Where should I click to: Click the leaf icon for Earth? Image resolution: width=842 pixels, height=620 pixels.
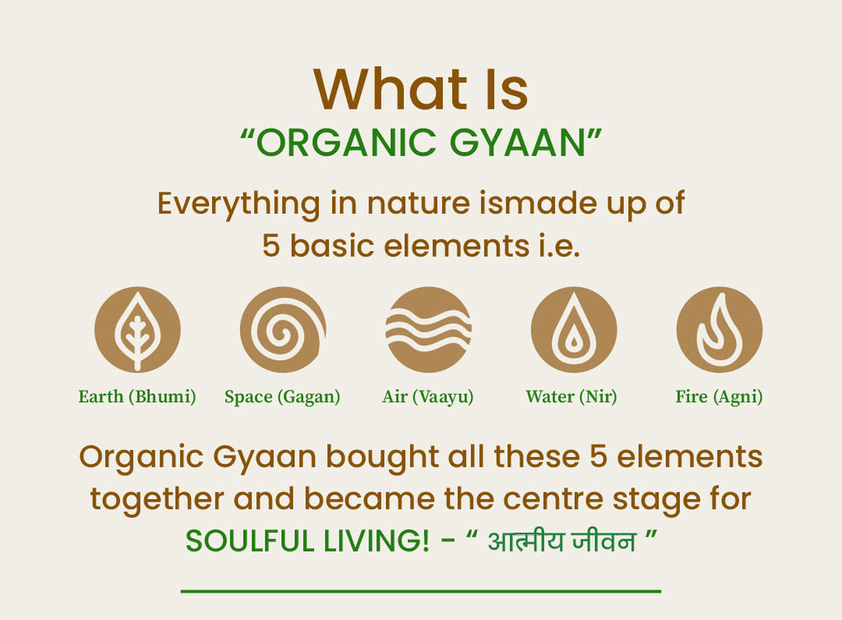pyautogui.click(x=137, y=330)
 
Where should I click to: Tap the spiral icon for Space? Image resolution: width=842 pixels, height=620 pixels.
pyautogui.click(x=283, y=330)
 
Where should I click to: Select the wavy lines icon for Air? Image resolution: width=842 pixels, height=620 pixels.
pyautogui.click(x=428, y=330)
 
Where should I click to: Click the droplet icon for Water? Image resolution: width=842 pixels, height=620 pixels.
pyautogui.click(x=574, y=330)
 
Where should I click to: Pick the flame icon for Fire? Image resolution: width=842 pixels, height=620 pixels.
pyautogui.click(x=719, y=330)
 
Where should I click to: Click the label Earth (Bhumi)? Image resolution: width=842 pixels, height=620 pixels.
pyautogui.click(x=137, y=396)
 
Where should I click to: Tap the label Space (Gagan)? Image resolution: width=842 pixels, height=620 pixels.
pyautogui.click(x=283, y=396)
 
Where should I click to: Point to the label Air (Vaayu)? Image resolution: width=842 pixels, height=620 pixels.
pyautogui.click(x=428, y=396)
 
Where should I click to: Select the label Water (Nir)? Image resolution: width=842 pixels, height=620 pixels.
pyautogui.click(x=571, y=396)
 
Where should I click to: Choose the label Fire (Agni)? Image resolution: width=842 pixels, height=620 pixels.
pyautogui.click(x=719, y=396)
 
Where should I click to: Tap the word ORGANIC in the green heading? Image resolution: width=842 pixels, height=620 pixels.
pyautogui.click(x=345, y=143)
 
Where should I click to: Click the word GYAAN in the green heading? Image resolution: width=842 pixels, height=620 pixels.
pyautogui.click(x=517, y=143)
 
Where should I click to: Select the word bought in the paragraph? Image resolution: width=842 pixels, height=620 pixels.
pyautogui.click(x=383, y=457)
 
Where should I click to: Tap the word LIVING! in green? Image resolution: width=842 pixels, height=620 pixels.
pyautogui.click(x=377, y=541)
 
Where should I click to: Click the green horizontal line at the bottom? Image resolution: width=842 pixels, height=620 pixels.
pyautogui.click(x=421, y=591)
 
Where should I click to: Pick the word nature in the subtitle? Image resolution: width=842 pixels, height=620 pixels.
pyautogui.click(x=419, y=204)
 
